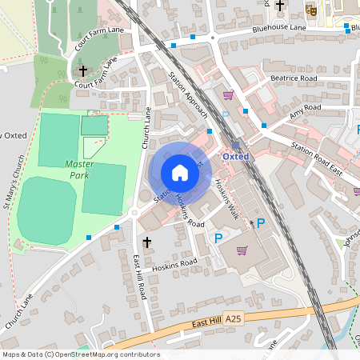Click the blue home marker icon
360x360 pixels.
tap(180, 173)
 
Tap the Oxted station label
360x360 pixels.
tap(236, 156)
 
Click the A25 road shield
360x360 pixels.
tap(233, 318)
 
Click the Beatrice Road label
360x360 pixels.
tap(294, 78)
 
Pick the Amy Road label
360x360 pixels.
tap(305, 111)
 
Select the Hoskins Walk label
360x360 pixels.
tap(226, 194)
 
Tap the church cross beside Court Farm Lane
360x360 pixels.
tap(82, 71)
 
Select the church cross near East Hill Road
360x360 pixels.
tap(146, 241)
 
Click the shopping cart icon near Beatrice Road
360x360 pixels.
tap(228, 95)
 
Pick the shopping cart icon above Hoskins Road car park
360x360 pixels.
tap(242, 250)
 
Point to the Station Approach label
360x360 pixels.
tap(190, 94)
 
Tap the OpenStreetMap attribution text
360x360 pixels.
tap(80, 354)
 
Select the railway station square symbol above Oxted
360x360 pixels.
tap(235, 145)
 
